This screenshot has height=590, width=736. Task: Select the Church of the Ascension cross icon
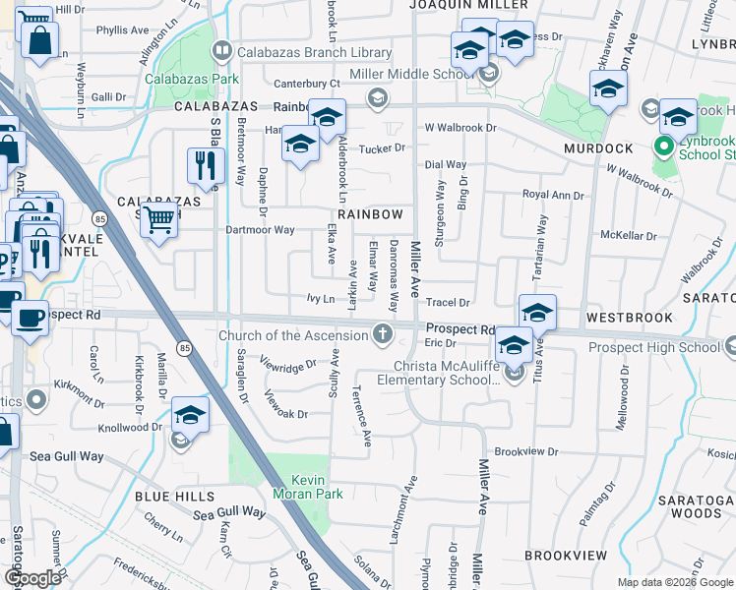point(384,335)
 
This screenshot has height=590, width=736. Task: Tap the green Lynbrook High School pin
point(664,148)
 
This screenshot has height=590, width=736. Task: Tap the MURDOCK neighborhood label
point(598,148)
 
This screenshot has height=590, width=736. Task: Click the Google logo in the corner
point(32,578)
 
